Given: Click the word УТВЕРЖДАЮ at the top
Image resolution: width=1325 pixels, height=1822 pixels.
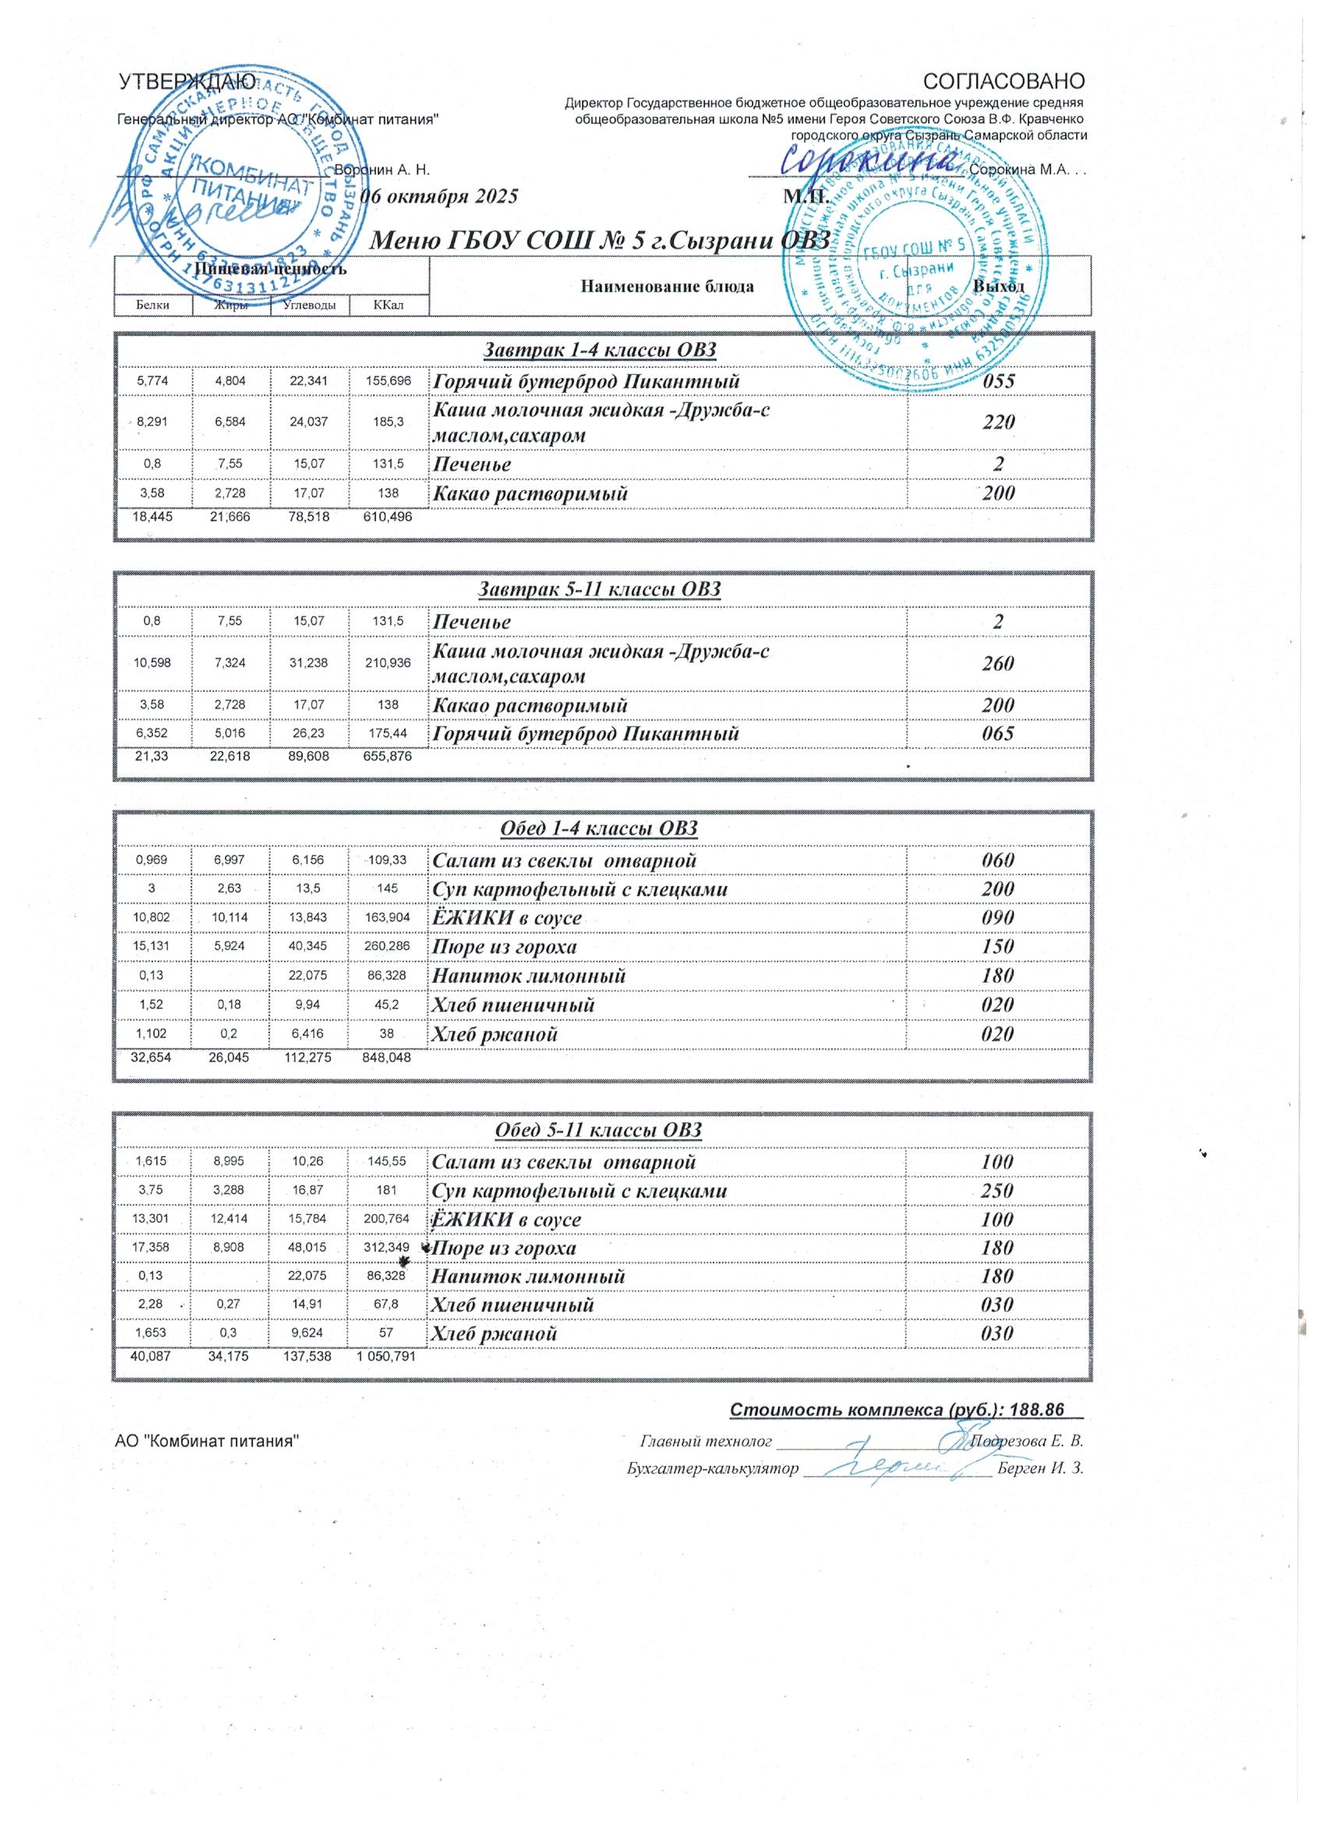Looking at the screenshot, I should [x=187, y=82].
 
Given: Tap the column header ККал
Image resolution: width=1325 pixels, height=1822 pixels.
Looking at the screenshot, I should [x=388, y=305].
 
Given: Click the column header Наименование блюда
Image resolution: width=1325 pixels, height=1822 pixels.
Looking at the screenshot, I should [x=666, y=287].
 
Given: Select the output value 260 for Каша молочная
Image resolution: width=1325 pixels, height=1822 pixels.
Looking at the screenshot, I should [x=997, y=663].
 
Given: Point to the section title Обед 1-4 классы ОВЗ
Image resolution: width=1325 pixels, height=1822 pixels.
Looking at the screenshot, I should [x=599, y=829].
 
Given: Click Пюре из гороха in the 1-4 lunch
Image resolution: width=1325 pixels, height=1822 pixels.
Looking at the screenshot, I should [x=504, y=947].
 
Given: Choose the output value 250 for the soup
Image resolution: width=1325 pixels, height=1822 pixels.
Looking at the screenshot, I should [x=997, y=1191].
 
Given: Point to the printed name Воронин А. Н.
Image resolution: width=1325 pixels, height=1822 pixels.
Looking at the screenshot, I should [x=383, y=171].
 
